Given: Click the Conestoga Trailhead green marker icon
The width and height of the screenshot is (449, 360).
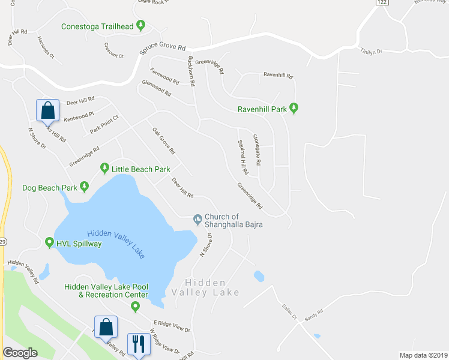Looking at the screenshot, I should (140, 25).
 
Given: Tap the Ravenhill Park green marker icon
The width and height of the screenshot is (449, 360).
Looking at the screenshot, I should (294, 109).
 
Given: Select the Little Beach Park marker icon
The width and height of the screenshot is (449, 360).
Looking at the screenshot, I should (104, 169).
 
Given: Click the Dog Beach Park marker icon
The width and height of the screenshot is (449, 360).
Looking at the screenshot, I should (84, 187).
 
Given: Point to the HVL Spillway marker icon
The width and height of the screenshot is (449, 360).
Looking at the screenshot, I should (50, 243).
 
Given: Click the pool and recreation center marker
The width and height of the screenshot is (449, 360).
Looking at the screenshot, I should (135, 307).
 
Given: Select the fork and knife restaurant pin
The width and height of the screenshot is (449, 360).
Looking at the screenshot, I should (138, 344).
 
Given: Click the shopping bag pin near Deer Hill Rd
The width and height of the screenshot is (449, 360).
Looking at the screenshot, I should (47, 110).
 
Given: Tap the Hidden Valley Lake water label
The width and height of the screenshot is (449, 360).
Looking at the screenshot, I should (116, 244).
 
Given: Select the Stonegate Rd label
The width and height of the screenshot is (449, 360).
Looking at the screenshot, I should (256, 150).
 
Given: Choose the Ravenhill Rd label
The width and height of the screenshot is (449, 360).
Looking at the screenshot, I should (278, 76).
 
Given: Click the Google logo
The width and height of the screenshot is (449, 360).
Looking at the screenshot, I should (20, 353).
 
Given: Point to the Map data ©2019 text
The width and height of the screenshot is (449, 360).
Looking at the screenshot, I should (423, 355).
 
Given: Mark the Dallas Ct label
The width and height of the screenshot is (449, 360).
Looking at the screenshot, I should (291, 313).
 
